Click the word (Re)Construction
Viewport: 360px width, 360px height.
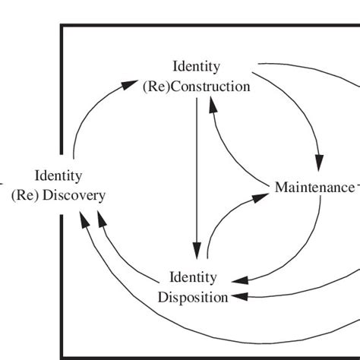[x=196, y=87]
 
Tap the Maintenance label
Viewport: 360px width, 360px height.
[x=314, y=187]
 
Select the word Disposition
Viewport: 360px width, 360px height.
[x=193, y=296]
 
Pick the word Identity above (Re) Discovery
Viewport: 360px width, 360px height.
[x=58, y=176]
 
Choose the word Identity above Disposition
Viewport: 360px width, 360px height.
[x=193, y=278]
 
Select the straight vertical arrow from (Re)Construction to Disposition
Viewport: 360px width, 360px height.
[x=197, y=175]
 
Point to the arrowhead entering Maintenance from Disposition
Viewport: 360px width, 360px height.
[x=262, y=196]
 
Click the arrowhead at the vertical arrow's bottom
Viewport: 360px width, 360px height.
[x=197, y=251]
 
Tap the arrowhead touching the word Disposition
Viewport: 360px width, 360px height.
[x=238, y=296]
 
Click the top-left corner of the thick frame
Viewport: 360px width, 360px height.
[x=62, y=26]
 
